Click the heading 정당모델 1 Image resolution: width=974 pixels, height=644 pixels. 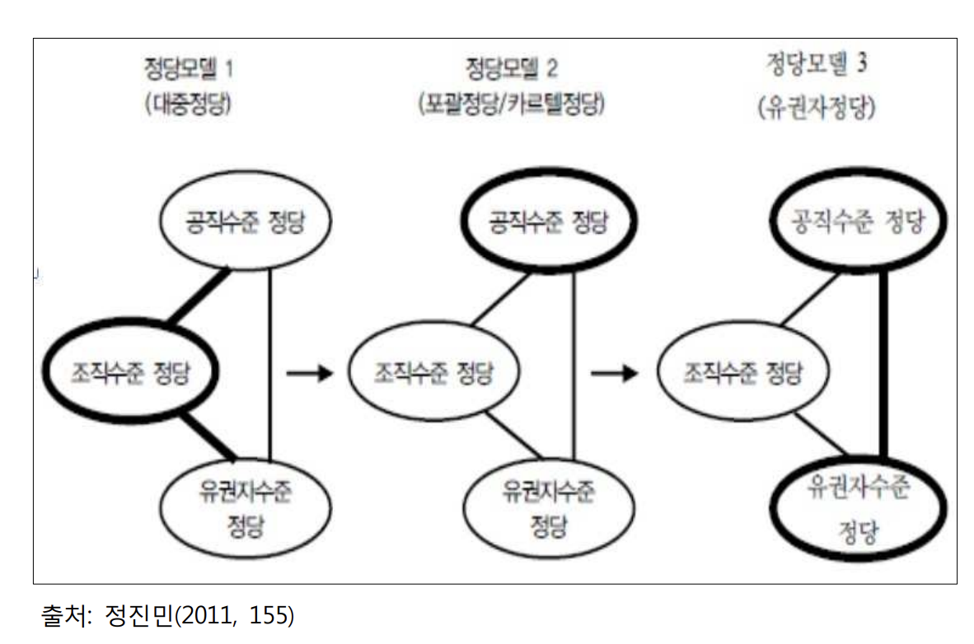[x=189, y=67]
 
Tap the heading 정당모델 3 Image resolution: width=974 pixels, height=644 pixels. [x=815, y=65]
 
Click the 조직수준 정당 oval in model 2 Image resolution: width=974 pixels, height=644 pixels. [x=434, y=375]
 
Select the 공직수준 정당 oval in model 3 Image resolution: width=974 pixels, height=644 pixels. [x=858, y=222]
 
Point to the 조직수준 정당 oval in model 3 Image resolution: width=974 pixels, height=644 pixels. [x=742, y=375]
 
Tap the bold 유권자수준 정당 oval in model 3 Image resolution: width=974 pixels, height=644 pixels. [x=858, y=506]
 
